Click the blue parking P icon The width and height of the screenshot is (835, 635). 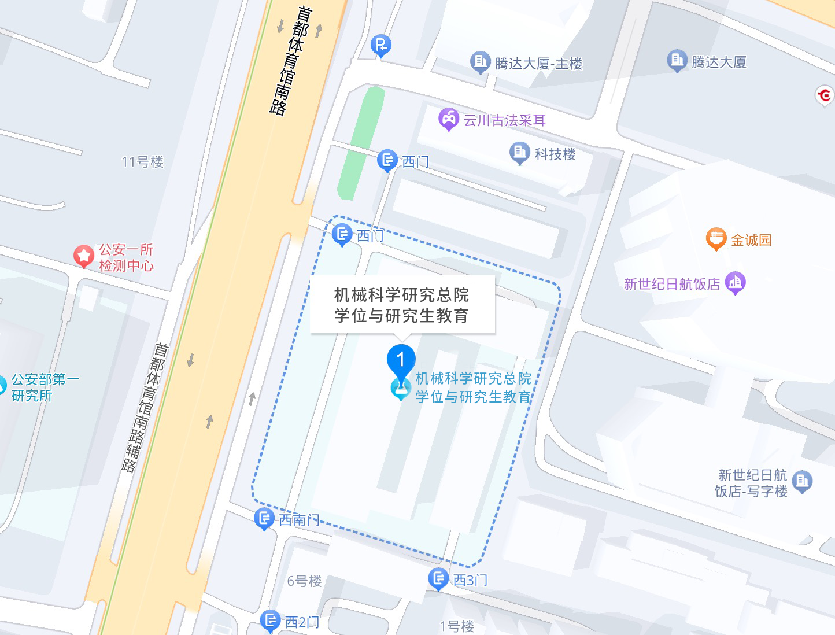[381, 45]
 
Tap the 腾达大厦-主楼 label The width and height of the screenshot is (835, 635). [538, 64]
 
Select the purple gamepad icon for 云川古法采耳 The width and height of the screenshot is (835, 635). [449, 119]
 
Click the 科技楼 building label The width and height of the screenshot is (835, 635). [555, 154]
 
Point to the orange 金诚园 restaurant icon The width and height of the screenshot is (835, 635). [716, 238]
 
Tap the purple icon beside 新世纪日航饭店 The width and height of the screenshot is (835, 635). [736, 282]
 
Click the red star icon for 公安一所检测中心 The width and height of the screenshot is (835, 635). [84, 256]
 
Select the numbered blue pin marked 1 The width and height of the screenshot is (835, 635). [401, 360]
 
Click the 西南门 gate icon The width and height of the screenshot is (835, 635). [264, 519]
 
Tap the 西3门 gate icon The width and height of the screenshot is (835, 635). [438, 578]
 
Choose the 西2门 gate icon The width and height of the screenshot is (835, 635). [270, 621]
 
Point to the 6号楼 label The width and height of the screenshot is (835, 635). [304, 581]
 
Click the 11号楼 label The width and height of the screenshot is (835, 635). [143, 162]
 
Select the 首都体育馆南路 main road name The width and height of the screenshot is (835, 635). [290, 61]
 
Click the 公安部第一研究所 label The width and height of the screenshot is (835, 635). [45, 387]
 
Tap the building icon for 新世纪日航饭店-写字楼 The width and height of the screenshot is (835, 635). [803, 481]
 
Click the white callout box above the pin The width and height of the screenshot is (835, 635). [402, 305]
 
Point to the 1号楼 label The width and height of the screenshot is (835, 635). [457, 626]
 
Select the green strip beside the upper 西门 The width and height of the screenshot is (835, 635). [361, 143]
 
